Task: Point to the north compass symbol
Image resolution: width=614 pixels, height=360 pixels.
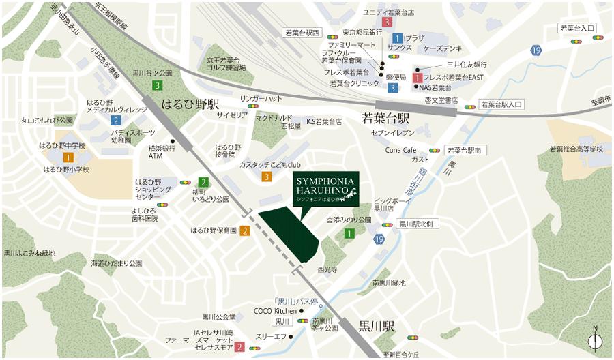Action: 595,341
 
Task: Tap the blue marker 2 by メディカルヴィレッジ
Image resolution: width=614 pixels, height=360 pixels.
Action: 115,121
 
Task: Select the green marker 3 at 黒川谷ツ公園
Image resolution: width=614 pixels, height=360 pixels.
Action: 158,85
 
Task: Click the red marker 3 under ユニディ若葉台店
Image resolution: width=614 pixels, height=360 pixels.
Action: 387,22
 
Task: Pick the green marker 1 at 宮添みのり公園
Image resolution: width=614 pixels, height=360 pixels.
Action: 349,233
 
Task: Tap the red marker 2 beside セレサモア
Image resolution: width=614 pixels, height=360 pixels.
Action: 240,347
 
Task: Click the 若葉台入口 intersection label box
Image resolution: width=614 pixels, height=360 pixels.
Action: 577,29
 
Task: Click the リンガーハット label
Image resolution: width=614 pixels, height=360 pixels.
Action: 261,99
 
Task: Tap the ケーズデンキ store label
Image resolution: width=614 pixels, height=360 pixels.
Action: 443,48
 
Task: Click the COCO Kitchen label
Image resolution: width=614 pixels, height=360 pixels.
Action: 276,311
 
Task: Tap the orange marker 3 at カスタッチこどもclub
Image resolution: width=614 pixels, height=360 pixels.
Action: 266,177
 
